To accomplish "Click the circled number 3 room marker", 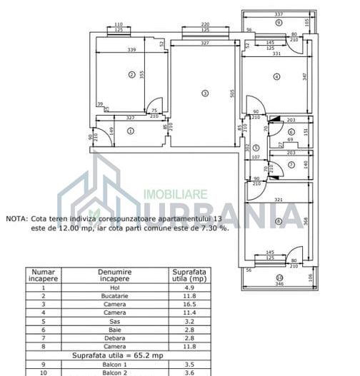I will (204, 93).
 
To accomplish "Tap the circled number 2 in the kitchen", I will (131, 74).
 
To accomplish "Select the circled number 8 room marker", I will (278, 221).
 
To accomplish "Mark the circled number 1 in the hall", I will (130, 131).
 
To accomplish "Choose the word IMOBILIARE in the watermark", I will (176, 193).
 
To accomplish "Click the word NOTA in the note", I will (16, 220).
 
